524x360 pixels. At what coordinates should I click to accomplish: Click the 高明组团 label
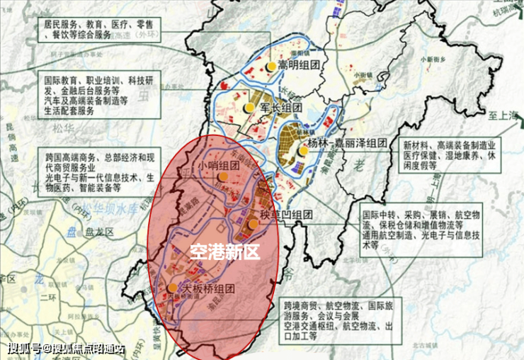point(299,66)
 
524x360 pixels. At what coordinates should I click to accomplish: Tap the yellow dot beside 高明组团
point(270,66)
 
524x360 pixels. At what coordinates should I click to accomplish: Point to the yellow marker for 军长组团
point(249,108)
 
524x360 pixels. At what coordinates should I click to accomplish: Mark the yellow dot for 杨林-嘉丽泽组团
point(304,150)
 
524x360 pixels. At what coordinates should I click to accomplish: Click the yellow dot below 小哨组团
point(223,176)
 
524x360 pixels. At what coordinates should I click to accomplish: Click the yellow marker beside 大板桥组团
point(173,288)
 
